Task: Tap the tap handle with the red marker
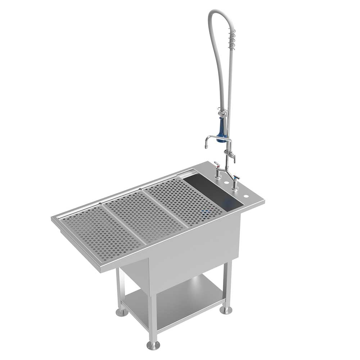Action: [x=217, y=165]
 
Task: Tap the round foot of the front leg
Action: [x=153, y=345]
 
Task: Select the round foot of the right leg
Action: [x=226, y=310]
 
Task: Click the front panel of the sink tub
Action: [x=194, y=252]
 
